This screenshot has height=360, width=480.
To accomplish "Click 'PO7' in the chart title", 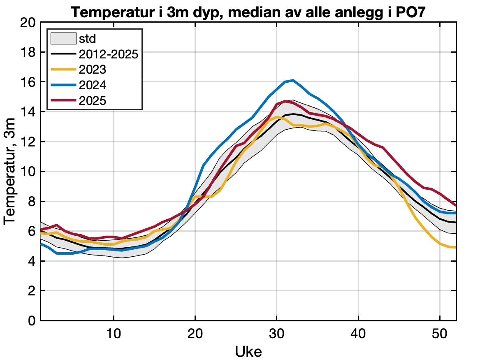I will [x=413, y=12].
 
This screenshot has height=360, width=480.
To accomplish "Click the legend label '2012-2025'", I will [x=108, y=54].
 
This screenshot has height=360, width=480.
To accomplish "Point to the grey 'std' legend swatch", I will [x=63, y=39].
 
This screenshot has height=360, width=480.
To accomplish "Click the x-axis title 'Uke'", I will [x=248, y=351].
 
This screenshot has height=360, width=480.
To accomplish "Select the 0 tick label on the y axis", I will [x=32, y=321].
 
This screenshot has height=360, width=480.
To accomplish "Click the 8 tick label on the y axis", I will [x=32, y=202].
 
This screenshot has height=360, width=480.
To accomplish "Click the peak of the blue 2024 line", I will [x=292, y=80].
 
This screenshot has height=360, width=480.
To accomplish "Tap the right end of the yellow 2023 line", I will [x=456, y=247].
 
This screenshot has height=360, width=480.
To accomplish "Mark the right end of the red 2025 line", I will [x=456, y=205].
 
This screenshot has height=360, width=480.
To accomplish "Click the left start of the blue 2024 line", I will [x=41, y=244].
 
